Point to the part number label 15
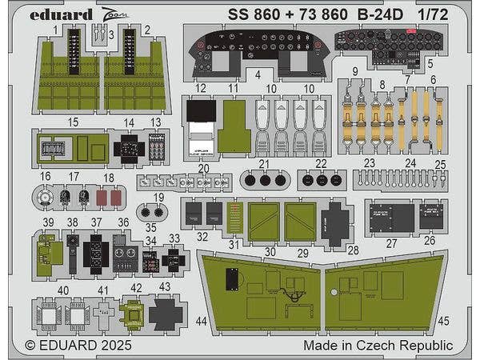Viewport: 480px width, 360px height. pyautogui.click(x=74, y=122)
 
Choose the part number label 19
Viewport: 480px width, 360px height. pyautogui.click(x=161, y=197)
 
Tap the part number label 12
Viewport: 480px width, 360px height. pyautogui.click(x=201, y=87)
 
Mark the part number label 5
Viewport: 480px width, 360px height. pyautogui.click(x=430, y=62)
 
